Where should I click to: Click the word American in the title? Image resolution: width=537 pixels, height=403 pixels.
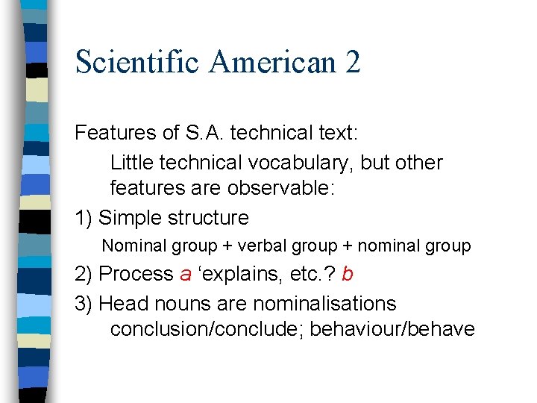[274, 62]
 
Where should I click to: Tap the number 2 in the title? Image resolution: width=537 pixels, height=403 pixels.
[353, 62]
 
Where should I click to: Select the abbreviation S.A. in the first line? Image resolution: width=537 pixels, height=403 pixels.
[203, 133]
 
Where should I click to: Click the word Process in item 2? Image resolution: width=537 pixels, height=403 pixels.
[136, 274]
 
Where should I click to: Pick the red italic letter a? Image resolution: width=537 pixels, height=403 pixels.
[186, 275]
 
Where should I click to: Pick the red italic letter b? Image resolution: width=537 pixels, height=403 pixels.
[347, 274]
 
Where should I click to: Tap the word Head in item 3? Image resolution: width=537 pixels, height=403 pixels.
[119, 304]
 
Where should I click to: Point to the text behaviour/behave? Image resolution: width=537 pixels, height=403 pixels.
[392, 329]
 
